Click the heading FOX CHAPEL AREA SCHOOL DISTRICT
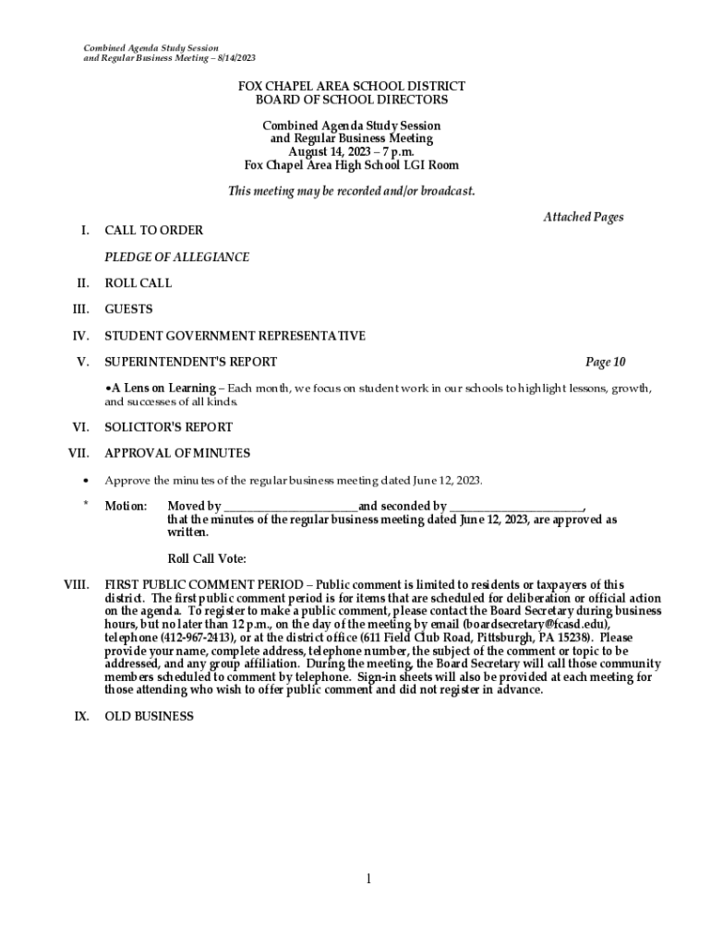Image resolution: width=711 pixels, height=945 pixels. coord(351,86)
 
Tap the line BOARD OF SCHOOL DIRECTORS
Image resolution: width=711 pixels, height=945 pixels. coord(351,100)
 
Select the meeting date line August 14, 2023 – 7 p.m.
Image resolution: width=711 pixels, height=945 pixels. coord(351,152)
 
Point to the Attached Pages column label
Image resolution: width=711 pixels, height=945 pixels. coord(583,218)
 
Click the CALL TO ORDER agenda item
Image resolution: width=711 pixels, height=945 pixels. coord(153,231)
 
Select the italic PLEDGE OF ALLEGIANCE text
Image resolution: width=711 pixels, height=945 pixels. coord(176,257)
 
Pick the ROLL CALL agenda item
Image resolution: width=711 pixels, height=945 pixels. coord(138,283)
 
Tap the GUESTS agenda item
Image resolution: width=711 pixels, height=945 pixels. coord(128,309)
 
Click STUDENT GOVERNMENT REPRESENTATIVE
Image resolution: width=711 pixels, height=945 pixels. coord(235,336)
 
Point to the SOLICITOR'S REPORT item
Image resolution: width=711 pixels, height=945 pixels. coord(168,427)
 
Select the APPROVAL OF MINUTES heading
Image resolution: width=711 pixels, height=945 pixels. coord(177,453)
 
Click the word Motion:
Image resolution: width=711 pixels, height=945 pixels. coord(126,507)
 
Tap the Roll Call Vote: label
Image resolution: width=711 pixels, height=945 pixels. coord(207,558)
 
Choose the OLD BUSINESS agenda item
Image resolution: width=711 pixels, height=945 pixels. coord(149,716)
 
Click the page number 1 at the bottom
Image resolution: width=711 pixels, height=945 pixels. coord(368,879)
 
